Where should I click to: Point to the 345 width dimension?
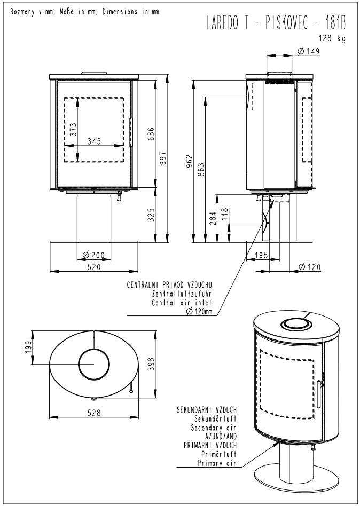coord(94,141)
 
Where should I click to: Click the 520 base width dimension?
coord(94,267)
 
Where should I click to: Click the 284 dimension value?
coord(214,218)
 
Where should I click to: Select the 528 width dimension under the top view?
coord(94,413)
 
